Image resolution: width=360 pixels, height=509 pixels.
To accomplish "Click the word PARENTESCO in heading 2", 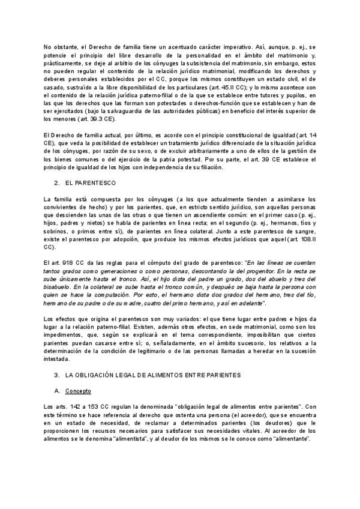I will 94,181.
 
